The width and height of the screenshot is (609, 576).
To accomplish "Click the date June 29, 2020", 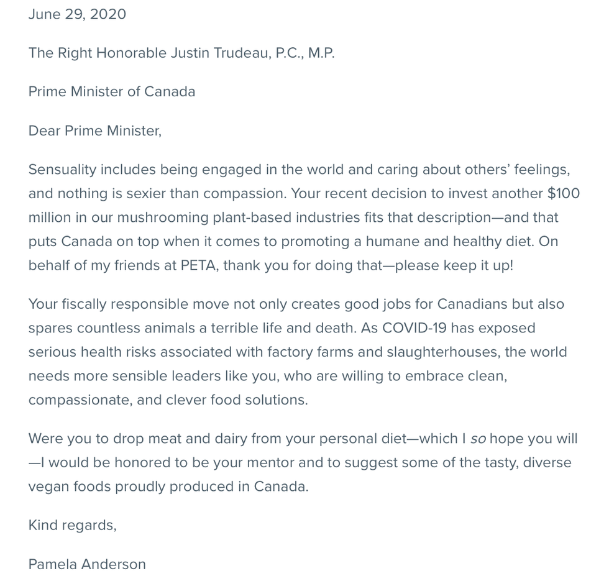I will coord(77,14).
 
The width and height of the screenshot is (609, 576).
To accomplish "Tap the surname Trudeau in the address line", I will coord(241,53).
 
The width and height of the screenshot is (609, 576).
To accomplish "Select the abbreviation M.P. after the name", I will coord(321,53).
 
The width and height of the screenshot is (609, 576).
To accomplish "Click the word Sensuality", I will coord(62,170).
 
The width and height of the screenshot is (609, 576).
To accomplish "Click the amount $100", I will coord(563,193).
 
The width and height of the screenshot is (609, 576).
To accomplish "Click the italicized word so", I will coord(478,439).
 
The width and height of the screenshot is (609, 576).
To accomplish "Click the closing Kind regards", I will coord(72,525).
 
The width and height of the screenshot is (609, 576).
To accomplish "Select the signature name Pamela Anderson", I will coord(87,564).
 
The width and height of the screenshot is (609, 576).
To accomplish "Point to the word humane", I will coord(393,241).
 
